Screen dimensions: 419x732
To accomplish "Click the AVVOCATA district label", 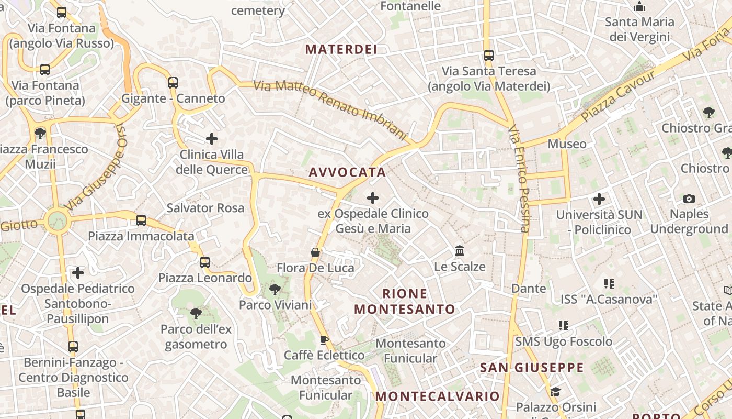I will coord(347,172).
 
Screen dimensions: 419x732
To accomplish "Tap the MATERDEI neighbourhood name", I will coord(341,50).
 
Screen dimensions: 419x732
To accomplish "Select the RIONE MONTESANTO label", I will coord(405,301).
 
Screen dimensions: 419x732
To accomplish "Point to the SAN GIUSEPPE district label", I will coord(532,368).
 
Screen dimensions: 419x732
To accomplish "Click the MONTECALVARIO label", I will coord(437,396).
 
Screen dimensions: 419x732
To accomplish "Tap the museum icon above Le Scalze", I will coord(460,250).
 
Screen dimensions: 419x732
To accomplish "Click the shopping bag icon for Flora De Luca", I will coord(315,252).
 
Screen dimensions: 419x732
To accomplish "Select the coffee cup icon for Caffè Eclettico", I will coord(324,340).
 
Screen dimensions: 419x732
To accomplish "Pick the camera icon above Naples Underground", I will coord(689,199).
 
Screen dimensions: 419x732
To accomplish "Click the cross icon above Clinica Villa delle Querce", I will coord(212,139).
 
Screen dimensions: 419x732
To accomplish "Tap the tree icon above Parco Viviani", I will coord(274,289).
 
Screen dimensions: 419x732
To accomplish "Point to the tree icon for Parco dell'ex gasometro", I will coord(196,313).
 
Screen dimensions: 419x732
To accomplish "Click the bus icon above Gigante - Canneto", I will coord(173,82).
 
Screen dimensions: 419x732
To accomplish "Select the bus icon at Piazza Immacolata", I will coord(141,220).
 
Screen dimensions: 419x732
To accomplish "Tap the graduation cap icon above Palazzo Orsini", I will coord(555,392).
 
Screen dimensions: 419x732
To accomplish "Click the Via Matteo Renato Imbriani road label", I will coord(330,110).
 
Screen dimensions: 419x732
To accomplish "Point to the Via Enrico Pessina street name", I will coord(519,178).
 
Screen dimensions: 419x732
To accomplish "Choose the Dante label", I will coord(529,289).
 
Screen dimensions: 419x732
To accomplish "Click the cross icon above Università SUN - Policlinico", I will coord(599,199).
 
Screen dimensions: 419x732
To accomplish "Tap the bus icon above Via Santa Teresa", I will coord(489,55).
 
